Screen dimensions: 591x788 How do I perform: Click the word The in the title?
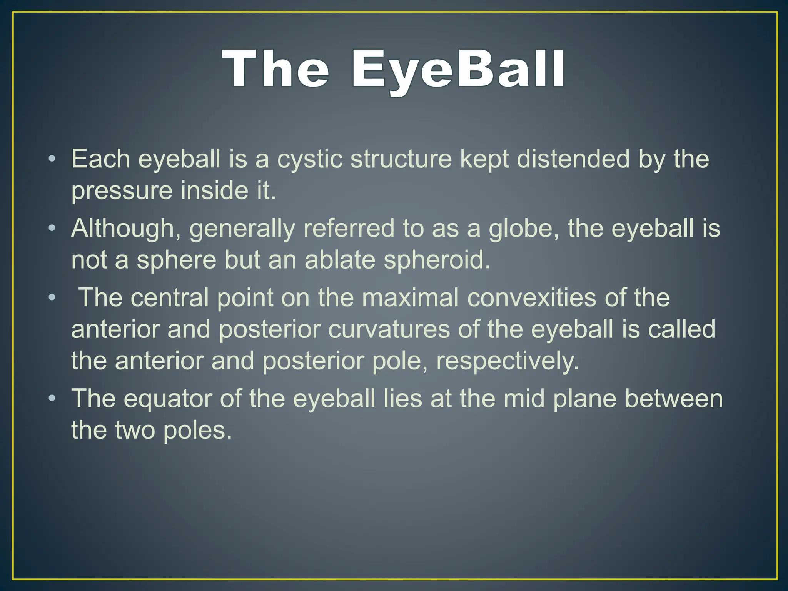coord(275,69)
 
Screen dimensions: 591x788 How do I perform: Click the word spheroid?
coord(437,260)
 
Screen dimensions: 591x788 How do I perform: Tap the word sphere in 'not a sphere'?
coord(177,260)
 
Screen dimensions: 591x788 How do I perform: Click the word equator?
coord(168,399)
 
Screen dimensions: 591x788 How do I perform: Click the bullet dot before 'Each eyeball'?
coord(52,159)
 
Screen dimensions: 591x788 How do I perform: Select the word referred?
coord(349,229)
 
